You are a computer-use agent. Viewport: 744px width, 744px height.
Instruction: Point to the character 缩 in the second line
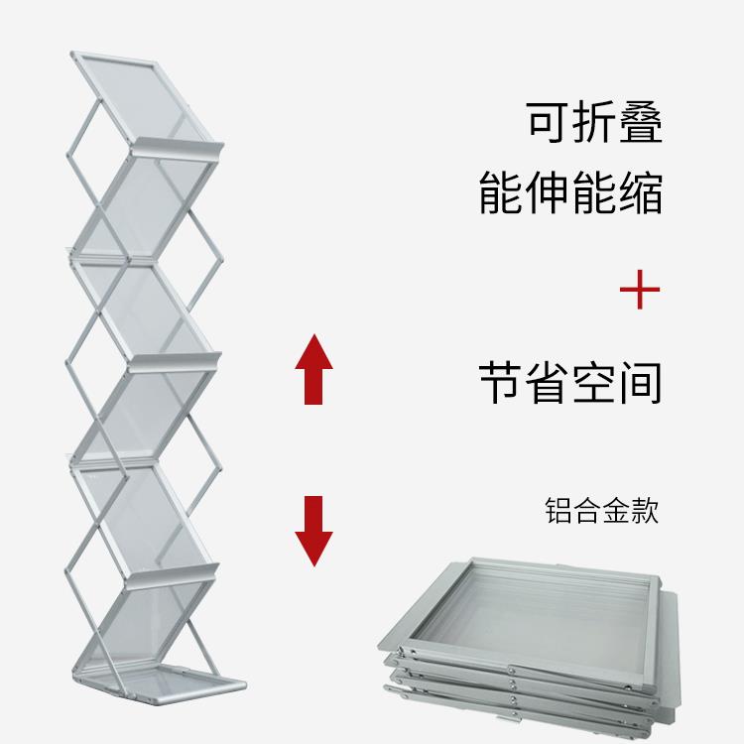click(x=640, y=192)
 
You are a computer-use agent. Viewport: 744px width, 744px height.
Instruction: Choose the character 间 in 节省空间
click(x=640, y=383)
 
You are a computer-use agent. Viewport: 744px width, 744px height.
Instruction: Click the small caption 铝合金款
click(x=601, y=512)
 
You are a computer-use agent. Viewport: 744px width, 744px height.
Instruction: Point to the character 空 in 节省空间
click(x=593, y=383)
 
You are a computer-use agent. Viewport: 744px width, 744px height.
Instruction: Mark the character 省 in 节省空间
click(x=548, y=383)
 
